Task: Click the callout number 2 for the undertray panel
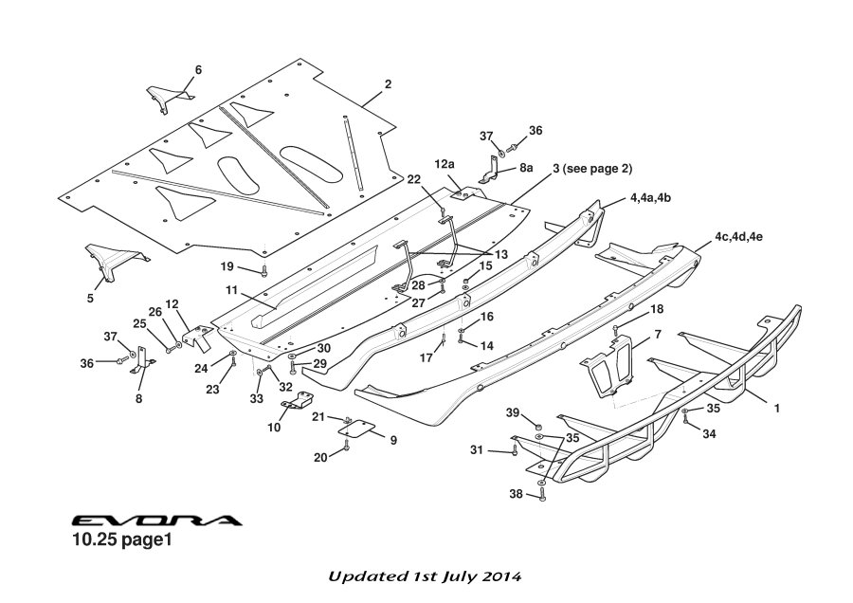pos(388,84)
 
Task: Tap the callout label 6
pos(198,69)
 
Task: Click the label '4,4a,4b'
pos(650,199)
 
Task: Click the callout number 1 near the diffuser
pos(777,409)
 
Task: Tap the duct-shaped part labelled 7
pos(608,368)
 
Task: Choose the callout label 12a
pos(445,164)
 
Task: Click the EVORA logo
pos(156,521)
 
